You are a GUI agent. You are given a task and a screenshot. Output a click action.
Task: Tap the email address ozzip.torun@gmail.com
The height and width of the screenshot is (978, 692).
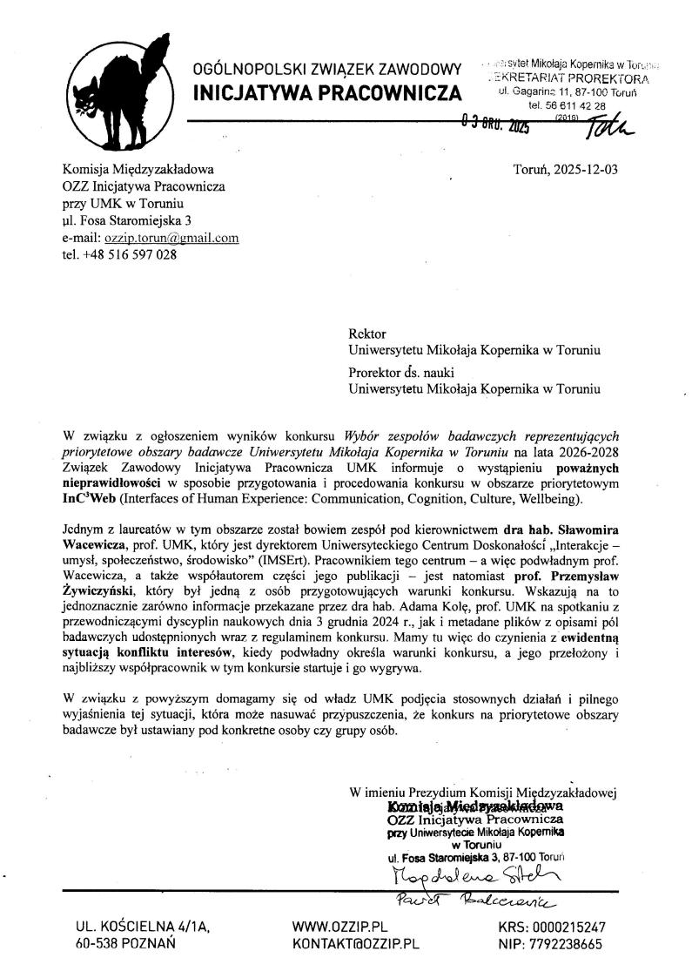point(171,238)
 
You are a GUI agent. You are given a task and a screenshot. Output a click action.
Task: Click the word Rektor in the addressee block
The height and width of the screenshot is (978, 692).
point(366,334)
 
